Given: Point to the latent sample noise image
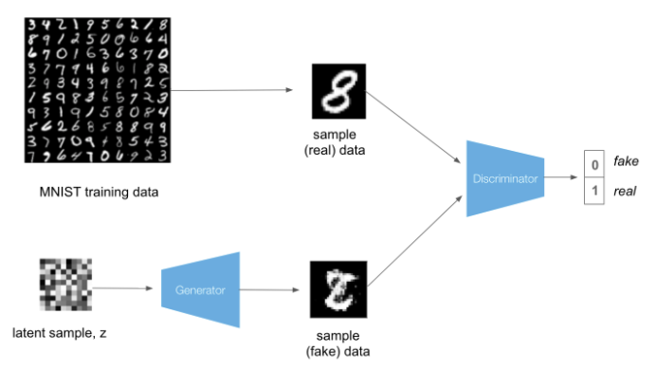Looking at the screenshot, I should click(x=63, y=287).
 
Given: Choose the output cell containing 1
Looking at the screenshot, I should click(x=593, y=191).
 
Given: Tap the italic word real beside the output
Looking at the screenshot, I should click(x=625, y=191).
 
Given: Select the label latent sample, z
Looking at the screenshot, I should click(x=59, y=333).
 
